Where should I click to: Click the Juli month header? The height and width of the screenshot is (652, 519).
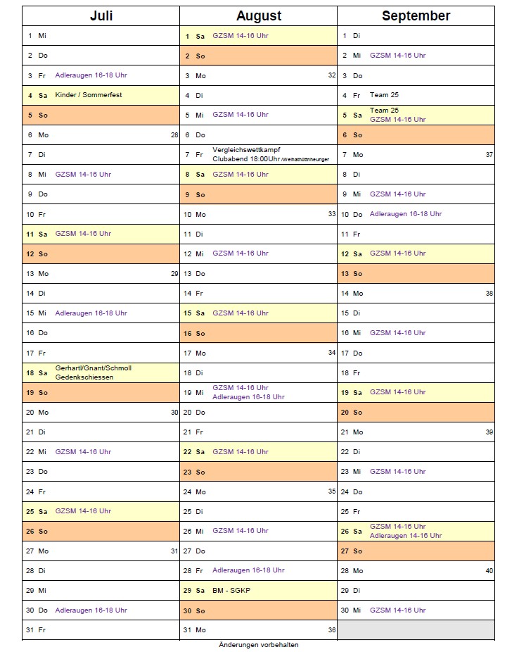[101, 16]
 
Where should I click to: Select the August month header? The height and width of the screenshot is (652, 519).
[258, 16]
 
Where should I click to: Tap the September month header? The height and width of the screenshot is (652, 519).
[416, 16]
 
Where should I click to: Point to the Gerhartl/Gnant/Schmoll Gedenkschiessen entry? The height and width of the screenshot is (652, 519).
[93, 372]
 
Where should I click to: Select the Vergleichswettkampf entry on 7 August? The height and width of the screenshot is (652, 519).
[246, 150]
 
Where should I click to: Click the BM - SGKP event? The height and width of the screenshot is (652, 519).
[231, 590]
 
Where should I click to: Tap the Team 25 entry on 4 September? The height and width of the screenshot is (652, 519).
[384, 95]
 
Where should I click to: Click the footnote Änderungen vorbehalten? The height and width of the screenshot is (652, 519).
[258, 645]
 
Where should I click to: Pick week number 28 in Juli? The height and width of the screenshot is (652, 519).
[174, 134]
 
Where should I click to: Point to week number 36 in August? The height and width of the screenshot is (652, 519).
[331, 629]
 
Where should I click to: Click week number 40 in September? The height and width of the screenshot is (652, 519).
[489, 570]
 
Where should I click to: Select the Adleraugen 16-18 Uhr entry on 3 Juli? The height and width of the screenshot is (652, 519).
[91, 75]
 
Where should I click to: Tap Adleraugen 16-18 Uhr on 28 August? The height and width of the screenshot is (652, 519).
[248, 570]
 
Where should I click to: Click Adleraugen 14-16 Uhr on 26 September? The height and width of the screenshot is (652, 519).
[406, 536]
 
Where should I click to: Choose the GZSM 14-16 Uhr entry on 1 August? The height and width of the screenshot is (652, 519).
[241, 36]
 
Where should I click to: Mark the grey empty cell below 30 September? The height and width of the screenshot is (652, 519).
[416, 629]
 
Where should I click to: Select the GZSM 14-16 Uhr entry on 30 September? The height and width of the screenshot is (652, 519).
[397, 610]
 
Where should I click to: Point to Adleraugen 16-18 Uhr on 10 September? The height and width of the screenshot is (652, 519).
[406, 214]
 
